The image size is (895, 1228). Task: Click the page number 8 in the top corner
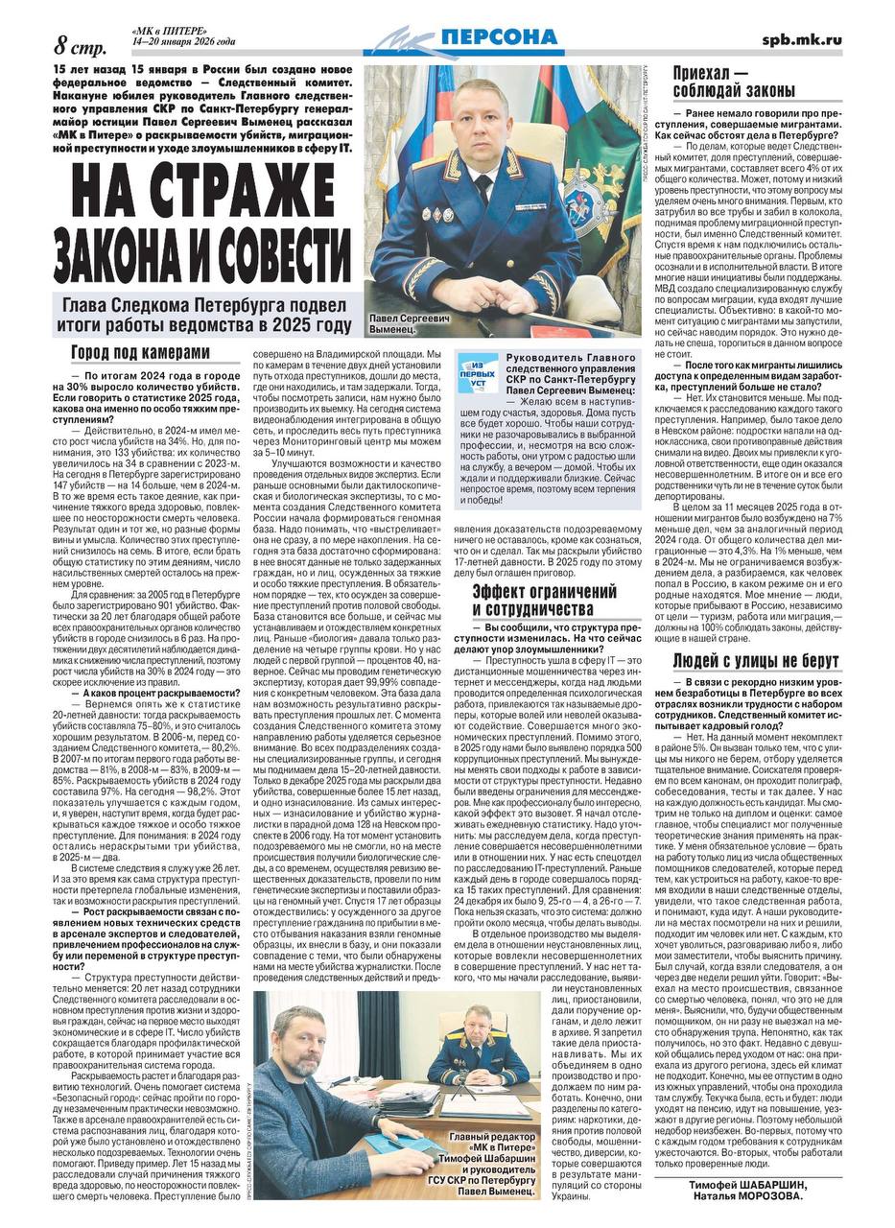61,45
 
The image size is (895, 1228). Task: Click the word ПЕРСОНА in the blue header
498,37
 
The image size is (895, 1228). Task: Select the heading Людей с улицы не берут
756,660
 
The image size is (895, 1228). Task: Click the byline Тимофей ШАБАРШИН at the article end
749,1184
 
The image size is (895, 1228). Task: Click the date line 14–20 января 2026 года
183,42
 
